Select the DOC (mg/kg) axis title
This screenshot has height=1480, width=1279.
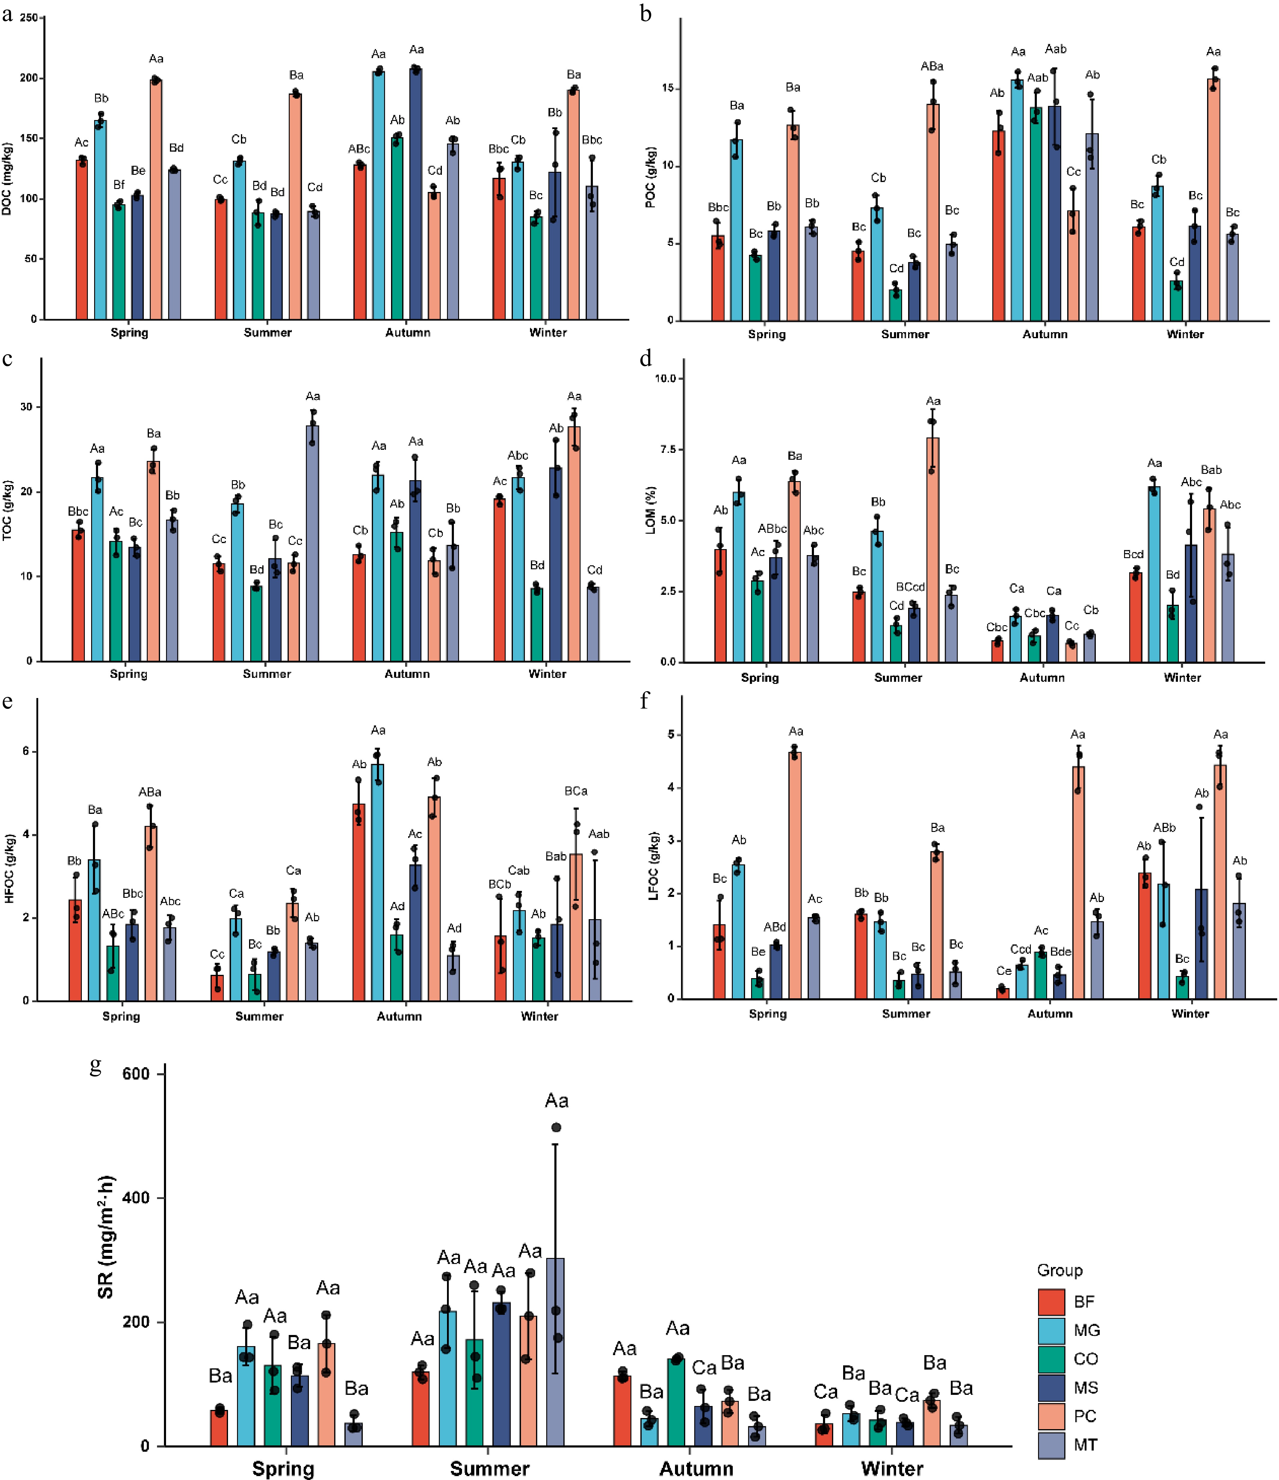tap(7, 179)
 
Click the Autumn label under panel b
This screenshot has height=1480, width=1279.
tap(1045, 334)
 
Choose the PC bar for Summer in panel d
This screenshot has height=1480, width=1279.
tap(933, 550)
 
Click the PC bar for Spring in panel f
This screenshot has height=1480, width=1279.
tap(795, 875)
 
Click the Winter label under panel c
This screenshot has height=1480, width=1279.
tap(547, 674)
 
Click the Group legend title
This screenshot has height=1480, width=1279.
tap(1060, 1270)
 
